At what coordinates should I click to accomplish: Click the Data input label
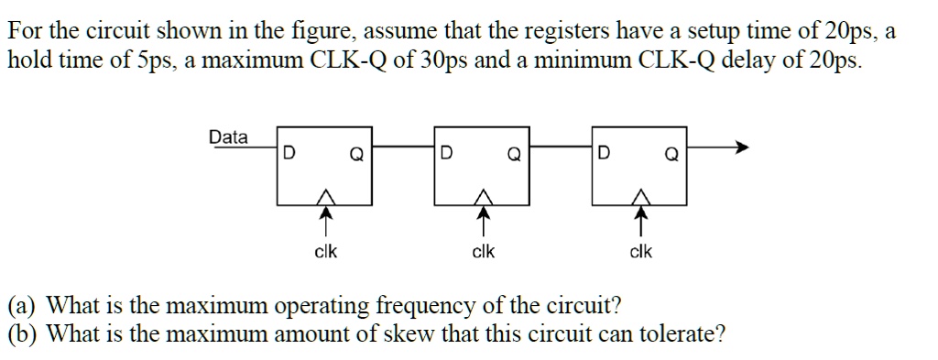click(x=228, y=137)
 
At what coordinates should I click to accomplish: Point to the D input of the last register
click(x=604, y=154)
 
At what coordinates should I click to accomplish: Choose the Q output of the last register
click(x=671, y=155)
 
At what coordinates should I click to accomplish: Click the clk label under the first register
click(x=325, y=252)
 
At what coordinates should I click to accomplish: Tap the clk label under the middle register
click(x=483, y=252)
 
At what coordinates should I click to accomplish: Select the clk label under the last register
click(x=641, y=252)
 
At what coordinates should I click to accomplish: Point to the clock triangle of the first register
click(x=324, y=195)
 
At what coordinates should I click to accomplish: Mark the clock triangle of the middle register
click(x=483, y=195)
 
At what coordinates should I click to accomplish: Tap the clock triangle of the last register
click(x=641, y=195)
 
